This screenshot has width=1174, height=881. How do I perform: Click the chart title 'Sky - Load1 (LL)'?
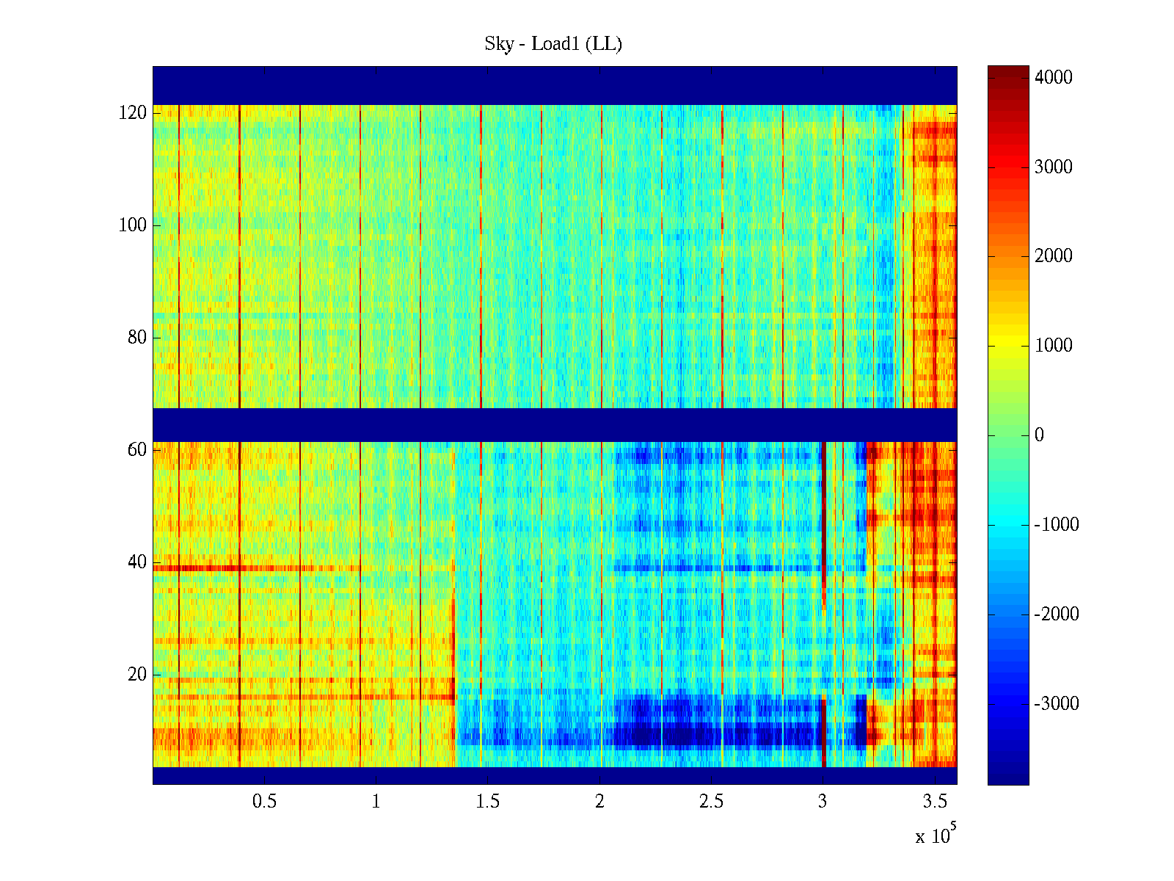point(553,44)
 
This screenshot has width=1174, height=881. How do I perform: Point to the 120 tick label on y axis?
point(133,113)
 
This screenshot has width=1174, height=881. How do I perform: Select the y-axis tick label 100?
point(133,225)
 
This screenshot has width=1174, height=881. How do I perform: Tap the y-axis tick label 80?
point(137,338)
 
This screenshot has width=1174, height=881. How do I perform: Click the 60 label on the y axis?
point(137,450)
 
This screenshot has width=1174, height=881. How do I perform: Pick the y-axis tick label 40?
point(137,562)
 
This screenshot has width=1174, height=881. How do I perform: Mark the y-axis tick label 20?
point(137,675)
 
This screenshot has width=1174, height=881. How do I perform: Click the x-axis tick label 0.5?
point(264,802)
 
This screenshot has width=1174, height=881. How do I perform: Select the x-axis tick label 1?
point(376,802)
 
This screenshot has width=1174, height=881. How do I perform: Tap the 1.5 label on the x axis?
point(487,802)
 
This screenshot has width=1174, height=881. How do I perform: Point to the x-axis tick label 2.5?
point(711,802)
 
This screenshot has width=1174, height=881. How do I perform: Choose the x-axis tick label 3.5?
point(935,802)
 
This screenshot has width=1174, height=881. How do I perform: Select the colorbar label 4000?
point(1053,78)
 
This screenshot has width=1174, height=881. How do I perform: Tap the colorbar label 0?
point(1039,435)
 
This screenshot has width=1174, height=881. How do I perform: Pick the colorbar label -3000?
point(1056,704)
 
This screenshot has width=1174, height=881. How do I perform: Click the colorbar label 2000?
point(1053,256)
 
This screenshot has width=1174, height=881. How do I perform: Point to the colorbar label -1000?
point(1056,525)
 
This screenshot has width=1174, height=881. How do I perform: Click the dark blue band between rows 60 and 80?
point(555,424)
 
